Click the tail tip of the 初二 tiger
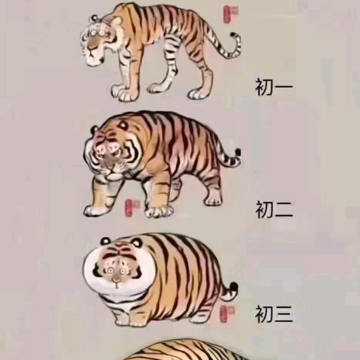pyautogui.click(x=237, y=153)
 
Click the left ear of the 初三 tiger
pyautogui.click(x=105, y=241)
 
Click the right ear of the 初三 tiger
pyautogui.click(x=136, y=242)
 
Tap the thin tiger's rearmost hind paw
pyautogui.click(x=197, y=94)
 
